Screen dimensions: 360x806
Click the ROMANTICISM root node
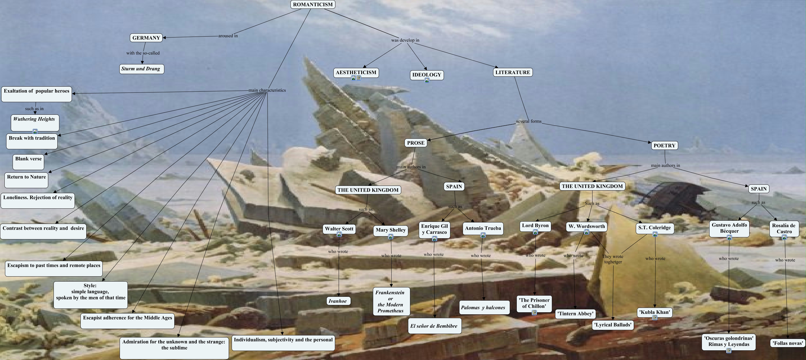(x=313, y=4)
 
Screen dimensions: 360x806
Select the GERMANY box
(x=146, y=38)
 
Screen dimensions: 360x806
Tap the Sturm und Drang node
(x=141, y=69)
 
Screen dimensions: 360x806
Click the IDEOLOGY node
(x=426, y=75)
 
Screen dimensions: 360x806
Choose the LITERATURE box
(x=512, y=72)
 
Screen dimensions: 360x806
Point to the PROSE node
(x=416, y=143)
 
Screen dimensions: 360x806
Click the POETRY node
(x=664, y=145)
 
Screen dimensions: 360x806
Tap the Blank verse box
(x=28, y=160)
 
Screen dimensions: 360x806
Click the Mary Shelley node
(x=390, y=230)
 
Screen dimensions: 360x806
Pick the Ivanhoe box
(x=337, y=301)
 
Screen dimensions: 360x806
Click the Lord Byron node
(x=535, y=226)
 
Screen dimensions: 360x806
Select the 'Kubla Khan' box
(x=654, y=312)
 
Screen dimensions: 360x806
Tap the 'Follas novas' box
(x=788, y=343)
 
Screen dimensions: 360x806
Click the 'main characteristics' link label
(x=267, y=90)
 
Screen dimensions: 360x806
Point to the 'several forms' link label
(x=528, y=121)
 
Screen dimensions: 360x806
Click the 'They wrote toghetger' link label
(x=613, y=259)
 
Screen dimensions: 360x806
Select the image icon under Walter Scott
(x=339, y=234)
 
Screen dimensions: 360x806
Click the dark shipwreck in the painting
(x=673, y=196)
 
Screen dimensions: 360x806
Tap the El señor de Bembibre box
(x=434, y=326)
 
